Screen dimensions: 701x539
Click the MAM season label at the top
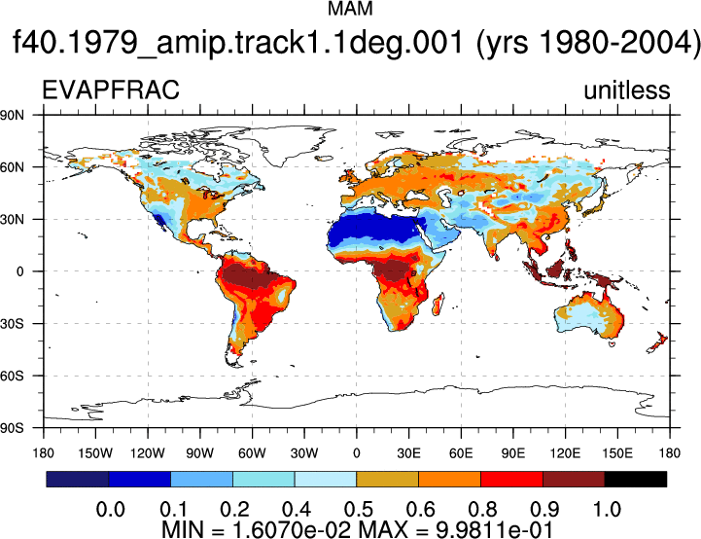click(350, 9)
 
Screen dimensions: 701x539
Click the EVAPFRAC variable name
click(111, 90)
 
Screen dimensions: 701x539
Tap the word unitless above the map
click(627, 90)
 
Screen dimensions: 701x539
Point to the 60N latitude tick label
click(12, 167)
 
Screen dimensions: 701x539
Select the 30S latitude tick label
click(12, 323)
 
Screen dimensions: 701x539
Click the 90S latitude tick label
click(12, 428)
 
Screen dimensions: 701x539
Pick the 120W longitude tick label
click(148, 453)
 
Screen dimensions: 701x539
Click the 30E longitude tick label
click(408, 453)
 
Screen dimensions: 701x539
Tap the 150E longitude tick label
click(617, 453)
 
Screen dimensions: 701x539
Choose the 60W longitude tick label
click(252, 453)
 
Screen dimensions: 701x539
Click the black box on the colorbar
click(635, 479)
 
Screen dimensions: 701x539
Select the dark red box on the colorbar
click(574, 479)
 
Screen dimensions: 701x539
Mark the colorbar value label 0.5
click(359, 510)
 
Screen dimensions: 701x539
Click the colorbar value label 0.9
click(545, 510)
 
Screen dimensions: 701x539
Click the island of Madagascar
click(438, 304)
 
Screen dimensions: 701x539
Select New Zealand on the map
click(657, 342)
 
